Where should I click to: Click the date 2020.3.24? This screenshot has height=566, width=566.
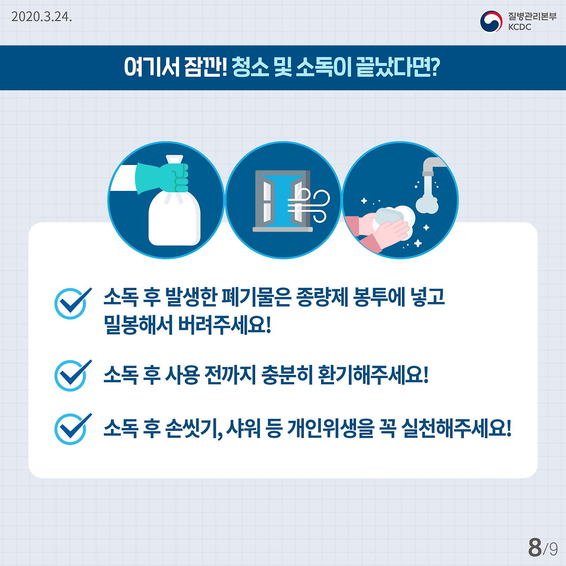[42, 17]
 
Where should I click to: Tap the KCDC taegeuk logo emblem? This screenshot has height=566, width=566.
[491, 21]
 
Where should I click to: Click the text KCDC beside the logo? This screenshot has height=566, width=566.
[520, 27]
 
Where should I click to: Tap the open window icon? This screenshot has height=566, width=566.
[282, 200]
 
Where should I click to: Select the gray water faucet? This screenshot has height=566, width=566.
[431, 168]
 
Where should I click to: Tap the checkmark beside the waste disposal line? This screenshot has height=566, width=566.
[72, 303]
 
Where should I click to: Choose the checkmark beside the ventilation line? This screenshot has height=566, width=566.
[72, 375]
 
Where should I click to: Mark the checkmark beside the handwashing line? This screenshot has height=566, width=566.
[72, 428]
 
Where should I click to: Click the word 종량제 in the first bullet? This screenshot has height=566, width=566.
[323, 297]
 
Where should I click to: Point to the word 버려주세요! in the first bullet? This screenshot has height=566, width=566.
[224, 325]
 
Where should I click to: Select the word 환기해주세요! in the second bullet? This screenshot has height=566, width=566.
[373, 375]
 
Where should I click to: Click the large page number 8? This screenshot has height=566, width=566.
[535, 547]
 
